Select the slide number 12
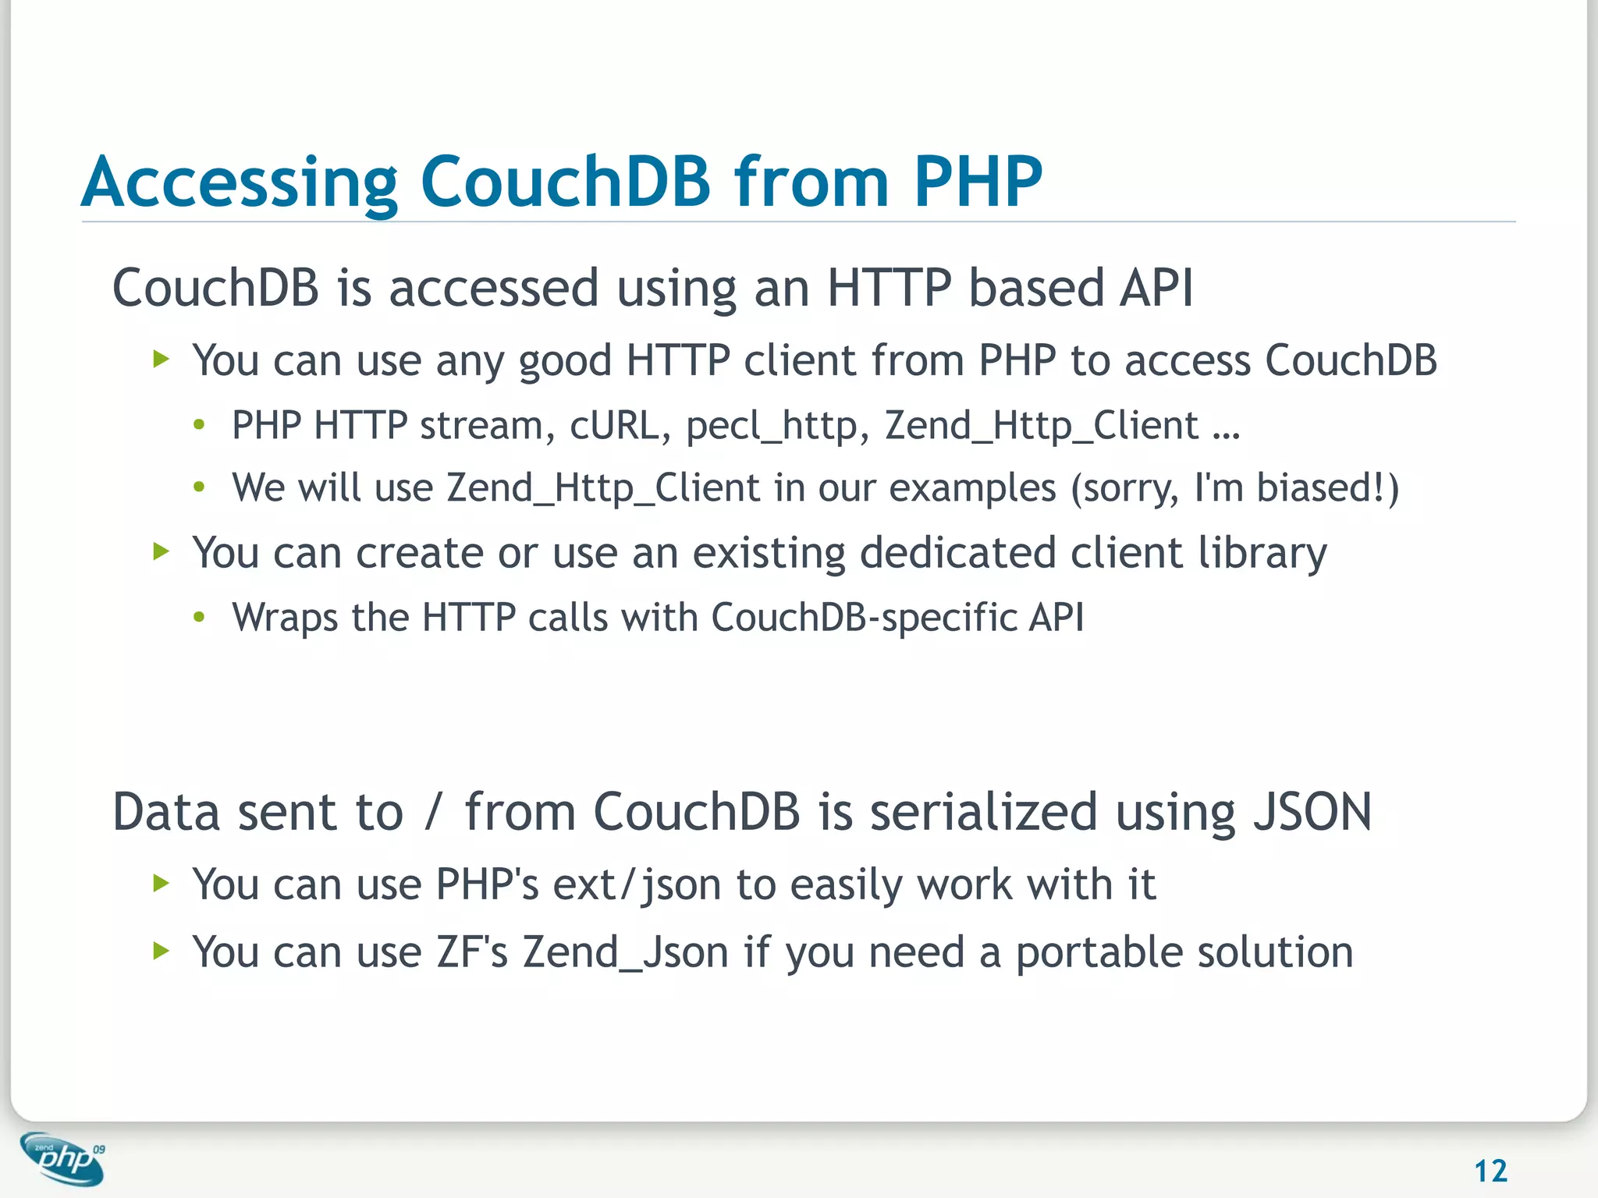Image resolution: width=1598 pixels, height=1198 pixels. (1490, 1171)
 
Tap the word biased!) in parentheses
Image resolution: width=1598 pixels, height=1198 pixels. (1327, 489)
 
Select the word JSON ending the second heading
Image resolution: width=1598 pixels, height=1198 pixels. (1312, 812)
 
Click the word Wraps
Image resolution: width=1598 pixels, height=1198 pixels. (285, 618)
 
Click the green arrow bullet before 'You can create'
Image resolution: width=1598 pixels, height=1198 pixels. (162, 552)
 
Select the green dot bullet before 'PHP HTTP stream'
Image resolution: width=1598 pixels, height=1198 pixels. (200, 426)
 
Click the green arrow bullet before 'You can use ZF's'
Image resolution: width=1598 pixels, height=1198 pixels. (162, 951)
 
